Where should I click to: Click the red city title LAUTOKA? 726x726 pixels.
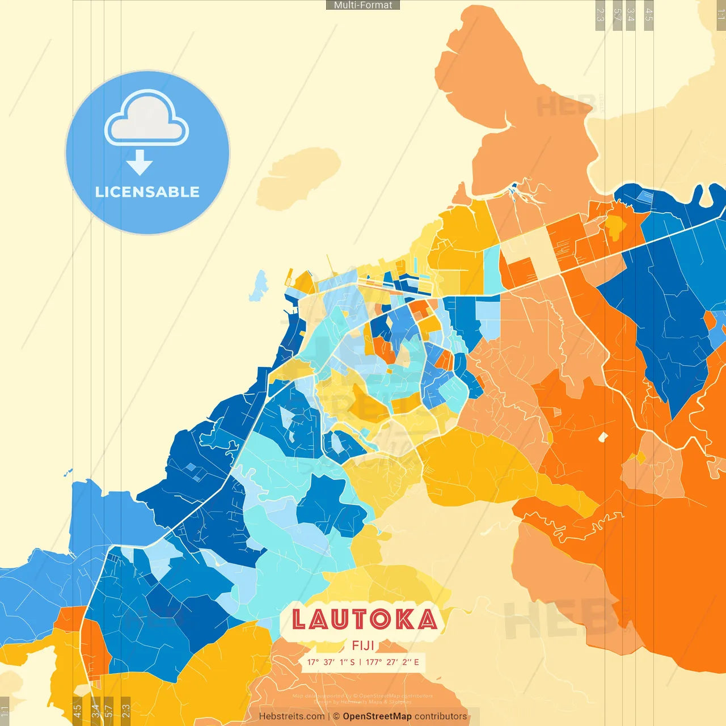click(x=365, y=619)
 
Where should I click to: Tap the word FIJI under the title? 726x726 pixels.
click(x=363, y=645)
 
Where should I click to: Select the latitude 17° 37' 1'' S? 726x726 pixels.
click(x=331, y=662)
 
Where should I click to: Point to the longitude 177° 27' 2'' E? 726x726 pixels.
click(x=392, y=662)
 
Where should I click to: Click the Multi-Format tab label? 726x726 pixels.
click(x=363, y=5)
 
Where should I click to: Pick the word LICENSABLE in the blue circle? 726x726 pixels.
click(x=147, y=192)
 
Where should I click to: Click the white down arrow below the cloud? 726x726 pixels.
click(x=140, y=163)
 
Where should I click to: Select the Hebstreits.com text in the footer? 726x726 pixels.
click(x=292, y=716)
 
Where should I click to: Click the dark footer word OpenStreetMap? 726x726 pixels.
click(x=377, y=716)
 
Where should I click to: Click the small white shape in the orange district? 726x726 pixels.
click(x=603, y=437)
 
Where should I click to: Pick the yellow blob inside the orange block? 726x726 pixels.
click(x=615, y=225)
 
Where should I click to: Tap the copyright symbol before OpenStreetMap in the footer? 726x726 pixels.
click(x=336, y=716)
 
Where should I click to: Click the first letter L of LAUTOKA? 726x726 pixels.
click(x=299, y=619)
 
